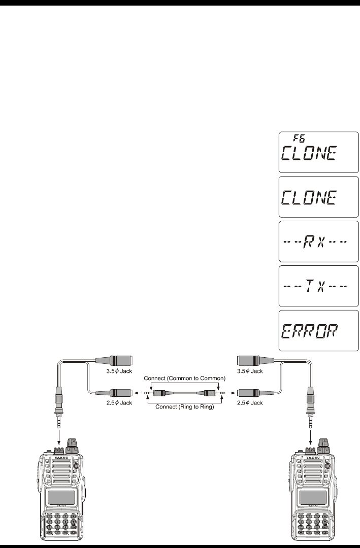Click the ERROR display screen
[318, 330]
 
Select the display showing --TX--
[318, 285]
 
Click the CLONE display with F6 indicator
[318, 152]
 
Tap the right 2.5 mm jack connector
[250, 393]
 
